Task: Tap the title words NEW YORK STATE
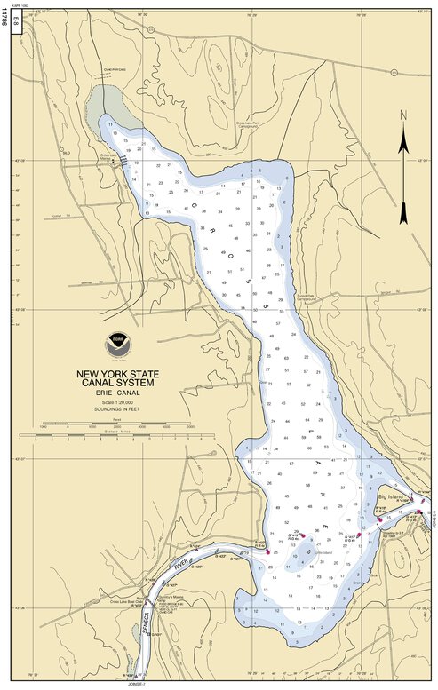(115, 374)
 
